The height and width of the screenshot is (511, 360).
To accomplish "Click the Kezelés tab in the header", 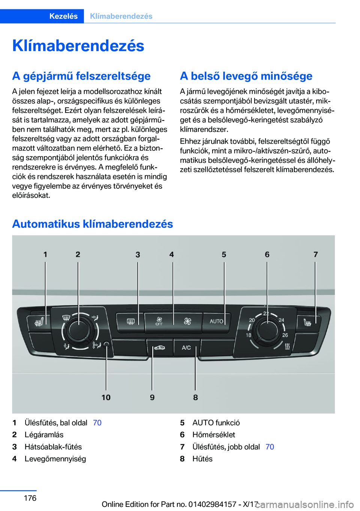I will (63, 16).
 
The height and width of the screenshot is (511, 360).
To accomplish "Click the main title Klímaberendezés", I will (78, 46).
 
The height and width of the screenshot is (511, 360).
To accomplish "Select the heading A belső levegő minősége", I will (246, 76).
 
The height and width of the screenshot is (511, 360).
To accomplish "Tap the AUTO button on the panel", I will (216, 322).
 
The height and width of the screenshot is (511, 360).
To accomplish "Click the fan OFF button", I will (159, 322).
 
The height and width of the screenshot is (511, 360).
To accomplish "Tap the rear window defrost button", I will (130, 322).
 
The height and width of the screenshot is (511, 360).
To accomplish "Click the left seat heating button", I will (39, 322).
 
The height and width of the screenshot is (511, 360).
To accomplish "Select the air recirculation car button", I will (159, 348).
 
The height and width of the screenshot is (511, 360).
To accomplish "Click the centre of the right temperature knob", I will (267, 330).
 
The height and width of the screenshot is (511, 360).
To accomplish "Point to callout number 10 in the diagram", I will (106, 397).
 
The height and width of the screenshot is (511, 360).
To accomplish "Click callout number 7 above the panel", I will (315, 254).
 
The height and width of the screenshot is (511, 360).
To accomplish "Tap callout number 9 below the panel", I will (152, 397).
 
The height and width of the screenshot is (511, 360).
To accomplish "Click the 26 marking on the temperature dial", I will (285, 335).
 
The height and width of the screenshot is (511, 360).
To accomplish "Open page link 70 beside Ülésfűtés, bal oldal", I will (97, 423).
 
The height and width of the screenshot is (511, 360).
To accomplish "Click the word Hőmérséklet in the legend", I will (214, 435).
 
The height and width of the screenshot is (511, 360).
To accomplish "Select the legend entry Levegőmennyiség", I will (55, 459).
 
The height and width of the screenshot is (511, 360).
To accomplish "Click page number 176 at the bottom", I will (30, 498).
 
